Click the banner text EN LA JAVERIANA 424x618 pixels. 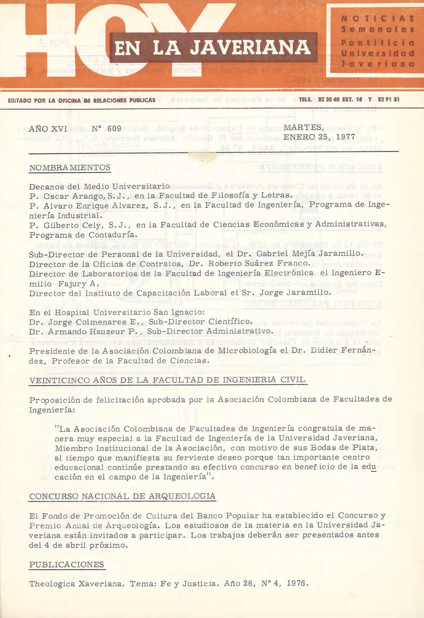(x=213, y=48)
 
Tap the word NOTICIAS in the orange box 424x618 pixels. (x=378, y=19)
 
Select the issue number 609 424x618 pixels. (x=114, y=129)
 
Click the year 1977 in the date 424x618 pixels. (x=346, y=137)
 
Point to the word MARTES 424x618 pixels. (x=303, y=128)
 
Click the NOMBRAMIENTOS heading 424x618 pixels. (x=70, y=168)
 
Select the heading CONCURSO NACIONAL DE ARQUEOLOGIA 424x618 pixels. (x=122, y=496)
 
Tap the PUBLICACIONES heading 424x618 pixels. (x=67, y=565)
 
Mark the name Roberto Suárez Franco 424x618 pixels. (x=259, y=264)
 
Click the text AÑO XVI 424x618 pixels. (x=48, y=129)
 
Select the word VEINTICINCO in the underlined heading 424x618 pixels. (x=60, y=380)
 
